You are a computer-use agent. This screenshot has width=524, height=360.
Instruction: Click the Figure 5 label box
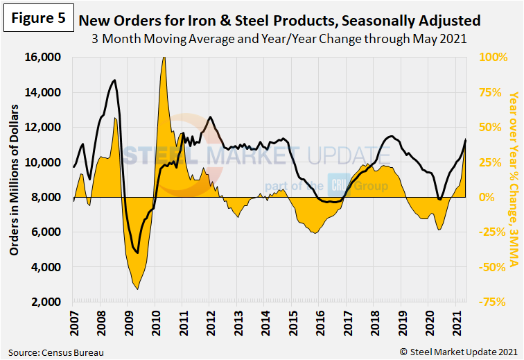pyautogui.click(x=38, y=18)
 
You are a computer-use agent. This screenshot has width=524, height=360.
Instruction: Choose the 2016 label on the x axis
pyautogui.click(x=318, y=325)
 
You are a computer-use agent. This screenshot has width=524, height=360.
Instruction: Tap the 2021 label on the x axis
pyautogui.click(x=455, y=325)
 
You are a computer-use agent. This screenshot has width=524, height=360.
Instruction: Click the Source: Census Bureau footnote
pyautogui.click(x=57, y=352)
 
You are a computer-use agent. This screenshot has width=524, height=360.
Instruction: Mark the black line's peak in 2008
pyautogui.click(x=114, y=80)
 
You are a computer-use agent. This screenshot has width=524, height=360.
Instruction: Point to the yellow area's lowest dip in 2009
pyautogui.click(x=137, y=289)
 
